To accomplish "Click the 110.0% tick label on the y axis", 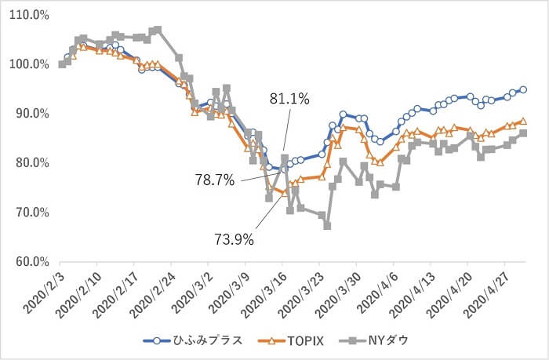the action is coord(30,16).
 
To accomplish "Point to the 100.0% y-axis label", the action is coord(30,64).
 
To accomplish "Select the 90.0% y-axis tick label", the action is coord(32,114).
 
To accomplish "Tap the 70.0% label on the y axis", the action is coord(32,213).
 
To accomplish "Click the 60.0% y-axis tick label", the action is coord(32,262).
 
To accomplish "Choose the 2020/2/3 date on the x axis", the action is coord(42,291).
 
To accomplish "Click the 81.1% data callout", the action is coord(289,99).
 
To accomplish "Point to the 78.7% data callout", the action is coord(215,180).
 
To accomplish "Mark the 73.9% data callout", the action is coord(234,240).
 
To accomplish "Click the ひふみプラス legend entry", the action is coord(193,340).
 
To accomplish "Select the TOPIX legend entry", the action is coord(291,340).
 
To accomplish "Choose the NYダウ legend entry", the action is coord(374,340).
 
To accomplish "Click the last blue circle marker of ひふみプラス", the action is coord(523,89).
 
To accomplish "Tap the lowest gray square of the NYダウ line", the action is coord(327,226).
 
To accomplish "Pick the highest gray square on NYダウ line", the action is coord(158,30).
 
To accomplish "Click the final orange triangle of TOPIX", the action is coord(523,121).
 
